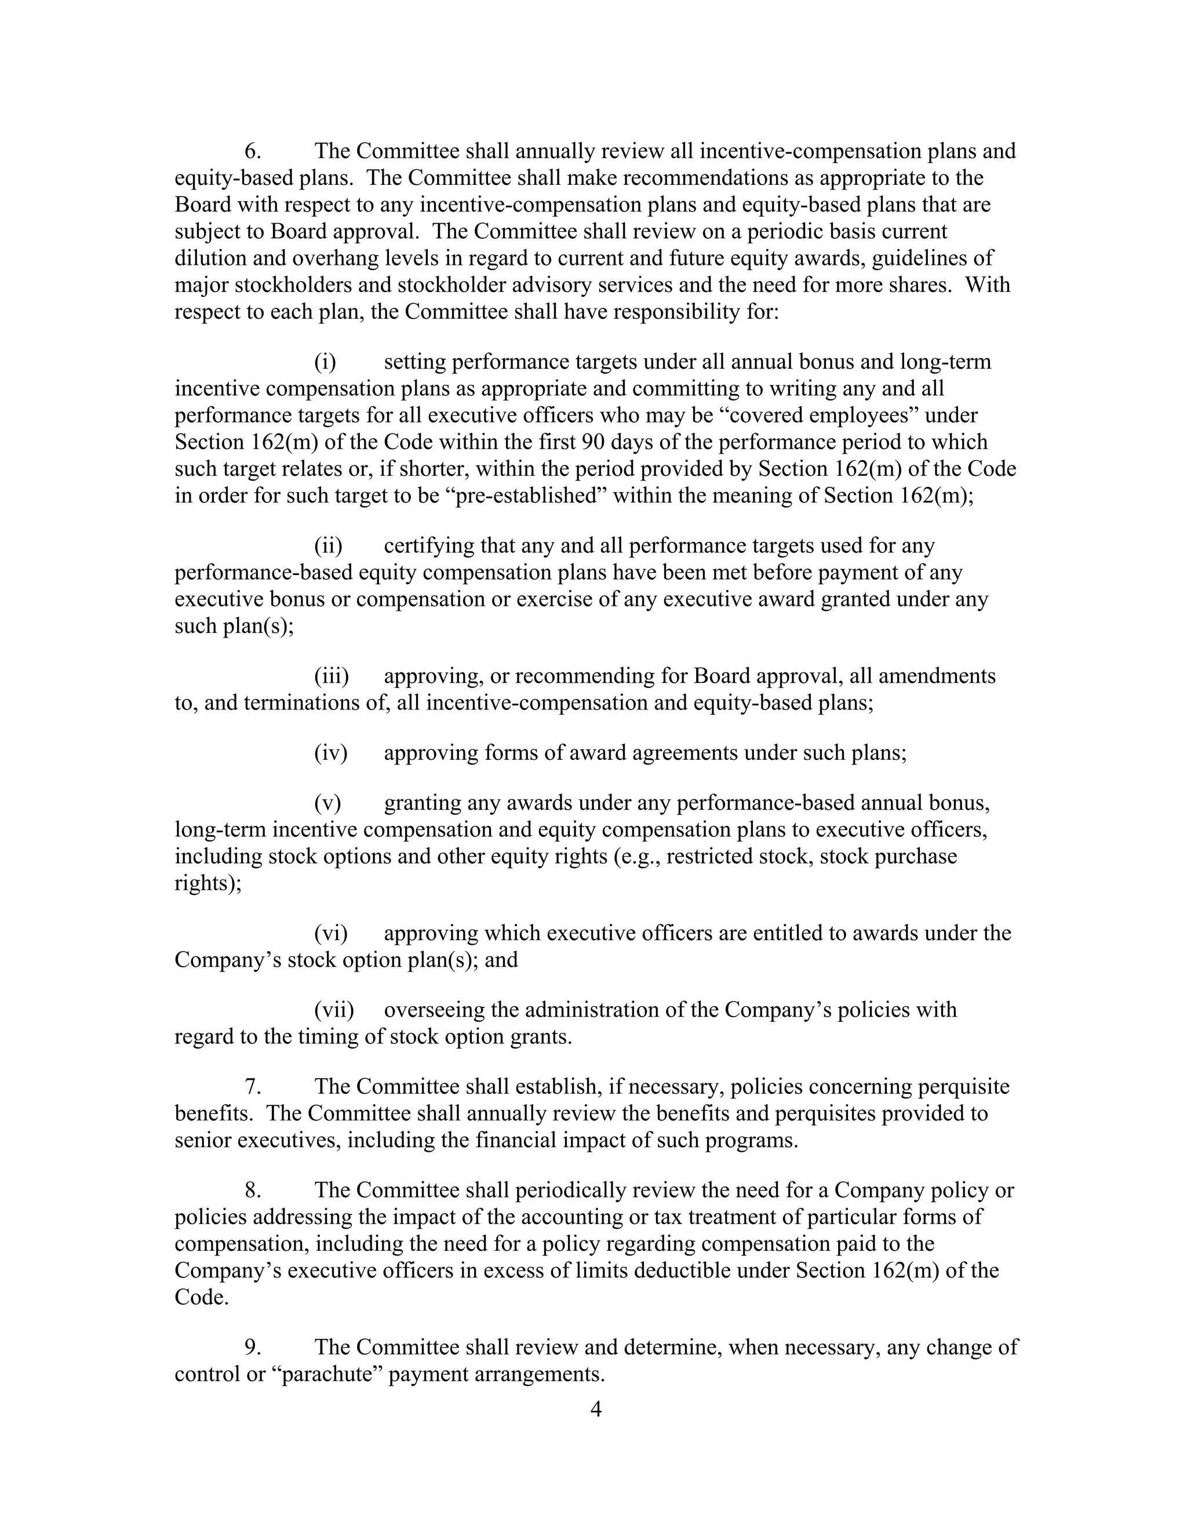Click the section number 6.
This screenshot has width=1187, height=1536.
click(253, 151)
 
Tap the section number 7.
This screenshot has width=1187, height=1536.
click(253, 1087)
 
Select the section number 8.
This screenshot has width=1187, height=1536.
click(253, 1190)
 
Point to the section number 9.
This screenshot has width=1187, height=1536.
click(253, 1347)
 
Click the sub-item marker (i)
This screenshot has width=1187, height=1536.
click(325, 362)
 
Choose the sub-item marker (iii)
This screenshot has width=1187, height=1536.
click(331, 676)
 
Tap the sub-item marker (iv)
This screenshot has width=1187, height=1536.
click(330, 754)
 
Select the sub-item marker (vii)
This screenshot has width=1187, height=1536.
click(334, 1010)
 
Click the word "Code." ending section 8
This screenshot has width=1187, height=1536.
click(202, 1297)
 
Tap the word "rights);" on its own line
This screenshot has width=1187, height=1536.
click(207, 883)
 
